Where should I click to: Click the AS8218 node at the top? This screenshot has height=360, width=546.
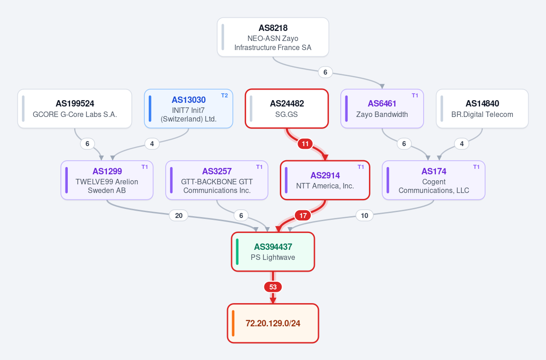pos(273,37)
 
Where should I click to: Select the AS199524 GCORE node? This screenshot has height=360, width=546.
pos(75,108)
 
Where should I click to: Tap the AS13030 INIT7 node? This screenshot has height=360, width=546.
pos(188,108)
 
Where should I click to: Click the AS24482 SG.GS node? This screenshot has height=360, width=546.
pos(287,108)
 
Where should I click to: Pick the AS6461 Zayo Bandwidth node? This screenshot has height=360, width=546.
pos(382,108)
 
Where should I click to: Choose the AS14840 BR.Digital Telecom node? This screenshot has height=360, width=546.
pos(482,108)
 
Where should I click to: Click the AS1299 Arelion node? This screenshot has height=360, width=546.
pos(107,180)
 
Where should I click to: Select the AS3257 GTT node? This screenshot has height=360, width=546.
pos(217,180)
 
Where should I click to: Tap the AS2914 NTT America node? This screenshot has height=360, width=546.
pos(325,180)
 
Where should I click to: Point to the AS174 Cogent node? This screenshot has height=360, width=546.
pos(434,180)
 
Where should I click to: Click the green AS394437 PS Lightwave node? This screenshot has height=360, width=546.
pos(273,252)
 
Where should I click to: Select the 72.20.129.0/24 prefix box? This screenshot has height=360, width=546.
pos(273,323)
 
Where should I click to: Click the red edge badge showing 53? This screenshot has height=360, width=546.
pos(273,287)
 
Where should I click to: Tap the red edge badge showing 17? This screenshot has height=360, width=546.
pos(303,215)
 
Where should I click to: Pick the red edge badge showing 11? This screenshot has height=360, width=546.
pos(305,144)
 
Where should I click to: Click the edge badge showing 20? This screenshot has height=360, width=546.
pos(179,215)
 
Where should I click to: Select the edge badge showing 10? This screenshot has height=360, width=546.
pos(364,215)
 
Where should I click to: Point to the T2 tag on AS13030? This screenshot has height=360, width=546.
pos(224,96)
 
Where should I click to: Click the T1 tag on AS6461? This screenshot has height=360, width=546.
pos(415,96)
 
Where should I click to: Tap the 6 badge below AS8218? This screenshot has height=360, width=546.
pos(325,72)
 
